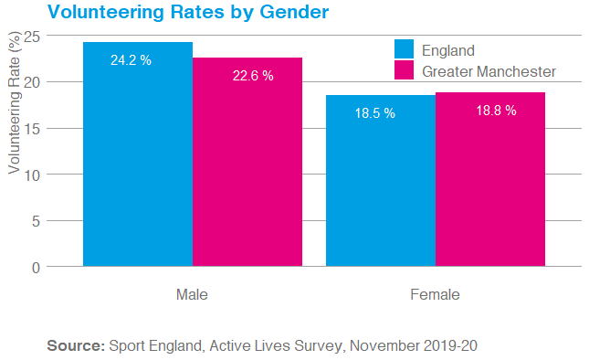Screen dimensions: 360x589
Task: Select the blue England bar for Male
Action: (x=138, y=164)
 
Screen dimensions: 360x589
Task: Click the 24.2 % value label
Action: (x=131, y=59)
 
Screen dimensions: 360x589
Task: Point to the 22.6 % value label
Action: (x=253, y=76)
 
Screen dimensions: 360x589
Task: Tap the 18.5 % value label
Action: (x=374, y=113)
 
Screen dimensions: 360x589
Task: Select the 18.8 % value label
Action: (x=496, y=111)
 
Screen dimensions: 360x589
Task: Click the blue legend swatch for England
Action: (x=405, y=49)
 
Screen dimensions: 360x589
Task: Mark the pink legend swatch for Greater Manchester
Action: (x=405, y=70)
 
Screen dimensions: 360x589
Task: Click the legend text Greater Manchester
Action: (x=489, y=71)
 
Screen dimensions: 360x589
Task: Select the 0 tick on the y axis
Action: (x=36, y=267)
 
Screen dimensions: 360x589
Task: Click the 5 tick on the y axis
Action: (x=36, y=220)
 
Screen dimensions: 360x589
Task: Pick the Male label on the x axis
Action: (x=192, y=295)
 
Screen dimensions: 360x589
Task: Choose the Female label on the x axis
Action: (x=436, y=295)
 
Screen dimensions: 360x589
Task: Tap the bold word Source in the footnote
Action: (x=76, y=346)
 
